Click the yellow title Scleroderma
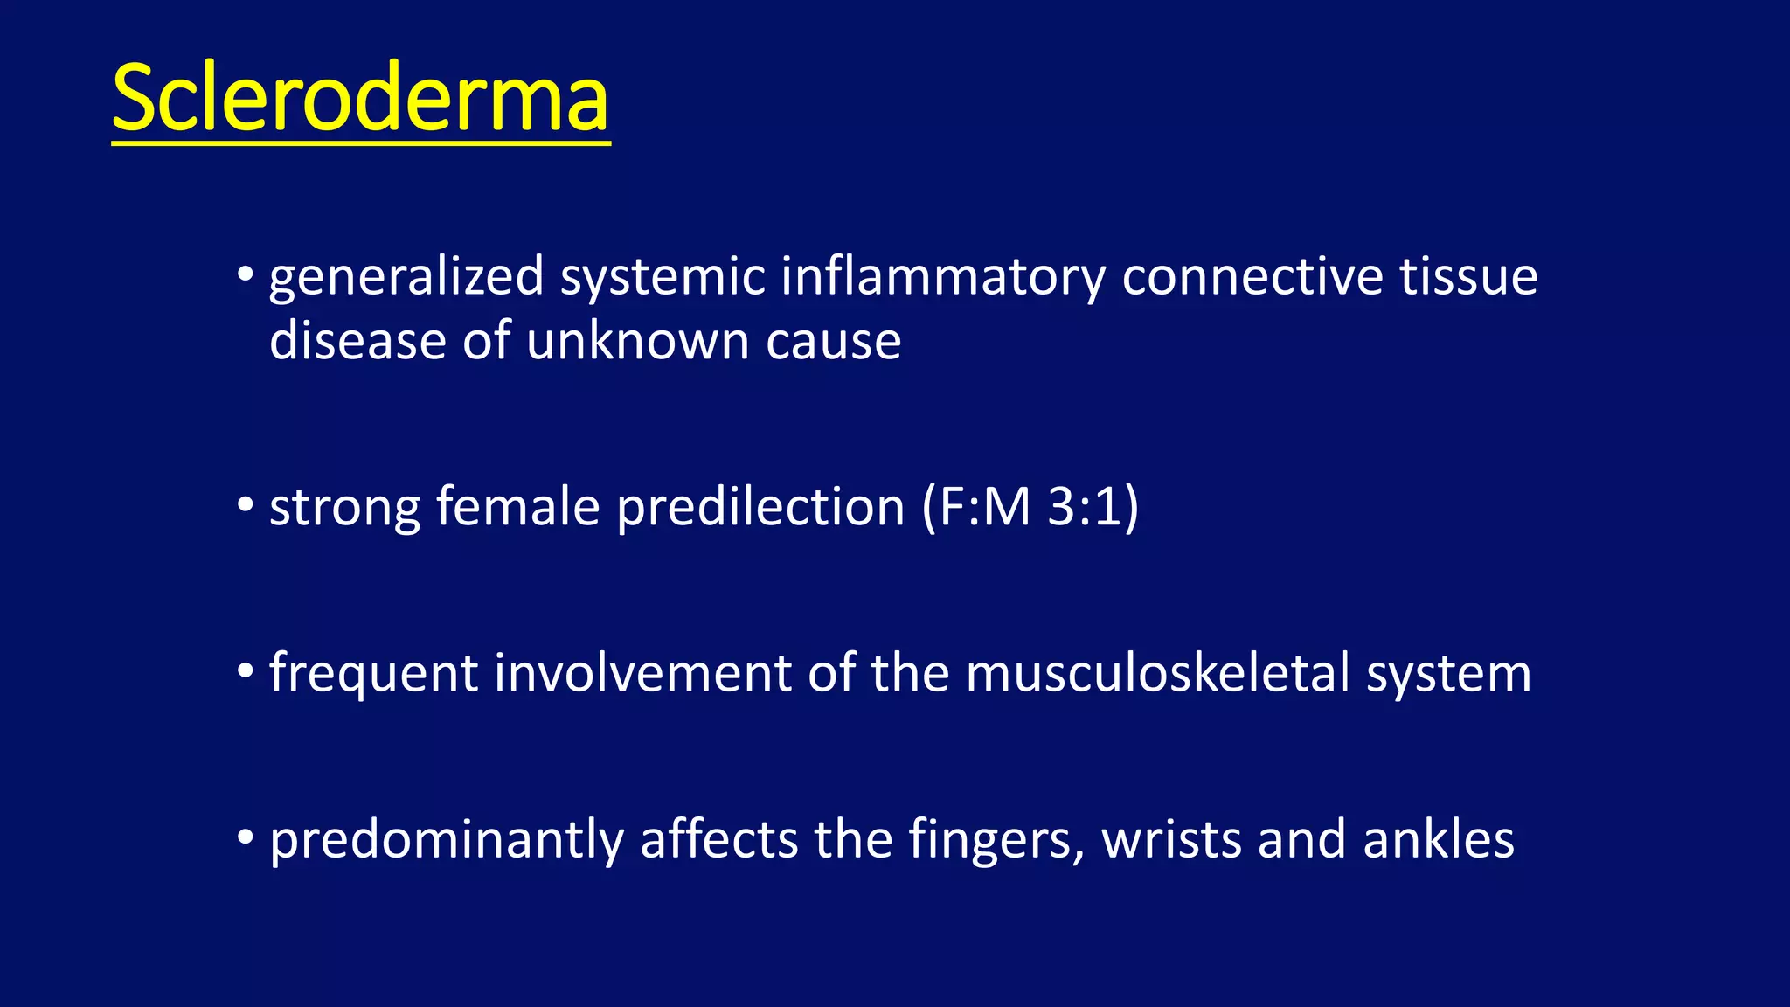360,98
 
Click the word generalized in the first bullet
406,278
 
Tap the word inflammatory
943,278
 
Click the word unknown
637,340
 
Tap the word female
517,506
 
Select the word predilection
760,508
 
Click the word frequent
374,675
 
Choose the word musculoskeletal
1157,673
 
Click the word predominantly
447,841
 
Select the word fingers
996,841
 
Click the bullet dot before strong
246,505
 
